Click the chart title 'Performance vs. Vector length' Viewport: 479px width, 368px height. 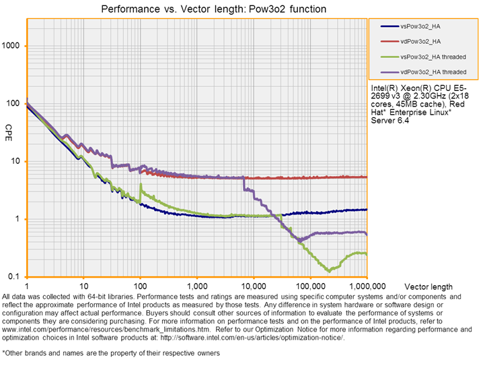pos(213,9)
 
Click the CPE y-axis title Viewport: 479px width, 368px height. pos(8,128)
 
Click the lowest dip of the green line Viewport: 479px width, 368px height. pos(329,270)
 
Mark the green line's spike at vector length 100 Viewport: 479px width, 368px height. pos(140,184)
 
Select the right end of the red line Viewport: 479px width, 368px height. pos(366,177)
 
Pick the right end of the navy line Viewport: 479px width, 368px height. pos(366,210)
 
